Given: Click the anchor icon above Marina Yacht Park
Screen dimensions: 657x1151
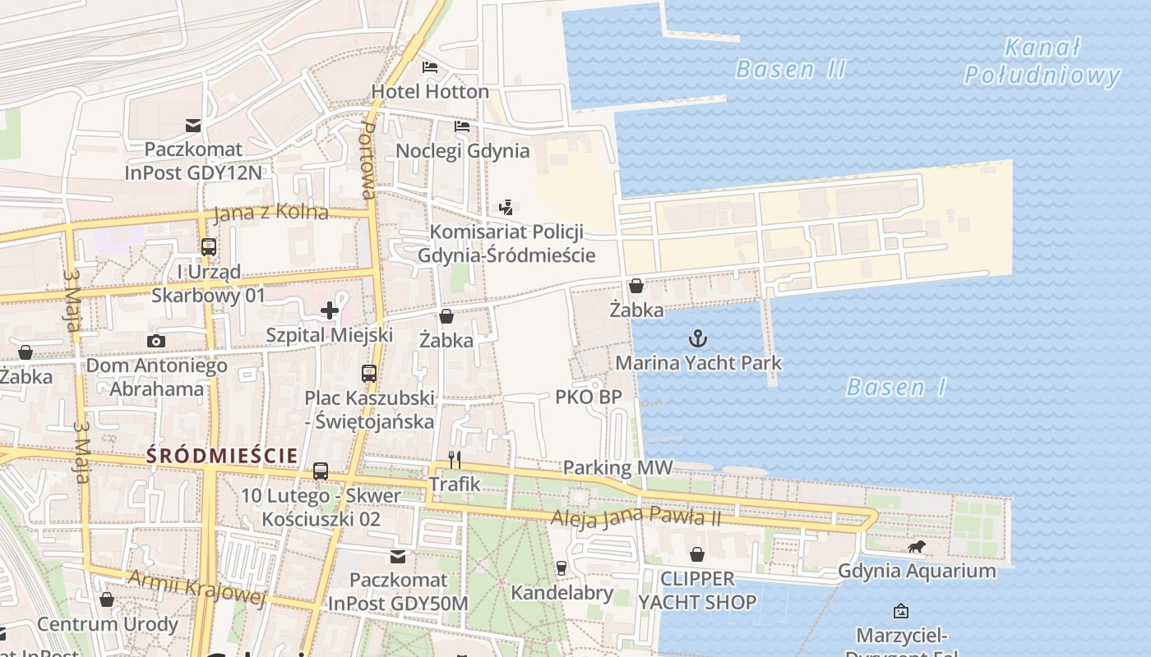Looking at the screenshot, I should pos(698,338).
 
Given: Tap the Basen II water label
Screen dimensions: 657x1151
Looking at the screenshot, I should pos(790,69).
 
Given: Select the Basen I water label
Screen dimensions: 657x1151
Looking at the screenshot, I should pos(896,387).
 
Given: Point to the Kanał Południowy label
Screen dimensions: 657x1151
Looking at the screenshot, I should pos(1042,62).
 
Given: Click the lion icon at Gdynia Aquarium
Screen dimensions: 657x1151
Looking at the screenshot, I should pos(916,546).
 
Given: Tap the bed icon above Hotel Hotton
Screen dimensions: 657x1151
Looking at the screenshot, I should pos(430,67).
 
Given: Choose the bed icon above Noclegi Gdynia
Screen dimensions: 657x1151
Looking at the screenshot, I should pos(462,126).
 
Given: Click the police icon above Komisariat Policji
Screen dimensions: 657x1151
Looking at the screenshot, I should pos(506,208).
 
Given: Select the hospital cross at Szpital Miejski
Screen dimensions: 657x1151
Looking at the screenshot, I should pos(330,310).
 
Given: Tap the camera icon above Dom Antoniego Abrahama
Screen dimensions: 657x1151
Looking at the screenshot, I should pos(156,341).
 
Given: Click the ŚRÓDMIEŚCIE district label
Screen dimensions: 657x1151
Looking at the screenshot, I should pos(222,456).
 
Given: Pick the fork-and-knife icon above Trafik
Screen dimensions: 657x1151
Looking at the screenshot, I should pos(454,460).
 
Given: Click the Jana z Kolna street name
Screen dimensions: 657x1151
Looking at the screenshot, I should pos(270,213).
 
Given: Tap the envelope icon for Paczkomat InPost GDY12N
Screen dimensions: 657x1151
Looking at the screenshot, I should pos(193,126).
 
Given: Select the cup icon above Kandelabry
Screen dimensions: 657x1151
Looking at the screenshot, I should pos(562,567).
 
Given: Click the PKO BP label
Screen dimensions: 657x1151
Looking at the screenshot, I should pos(589,397).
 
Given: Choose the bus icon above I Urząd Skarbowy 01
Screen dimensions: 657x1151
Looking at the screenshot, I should pos(209,246).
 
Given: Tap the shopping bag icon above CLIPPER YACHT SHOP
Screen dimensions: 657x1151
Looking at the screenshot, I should pos(697,554).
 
